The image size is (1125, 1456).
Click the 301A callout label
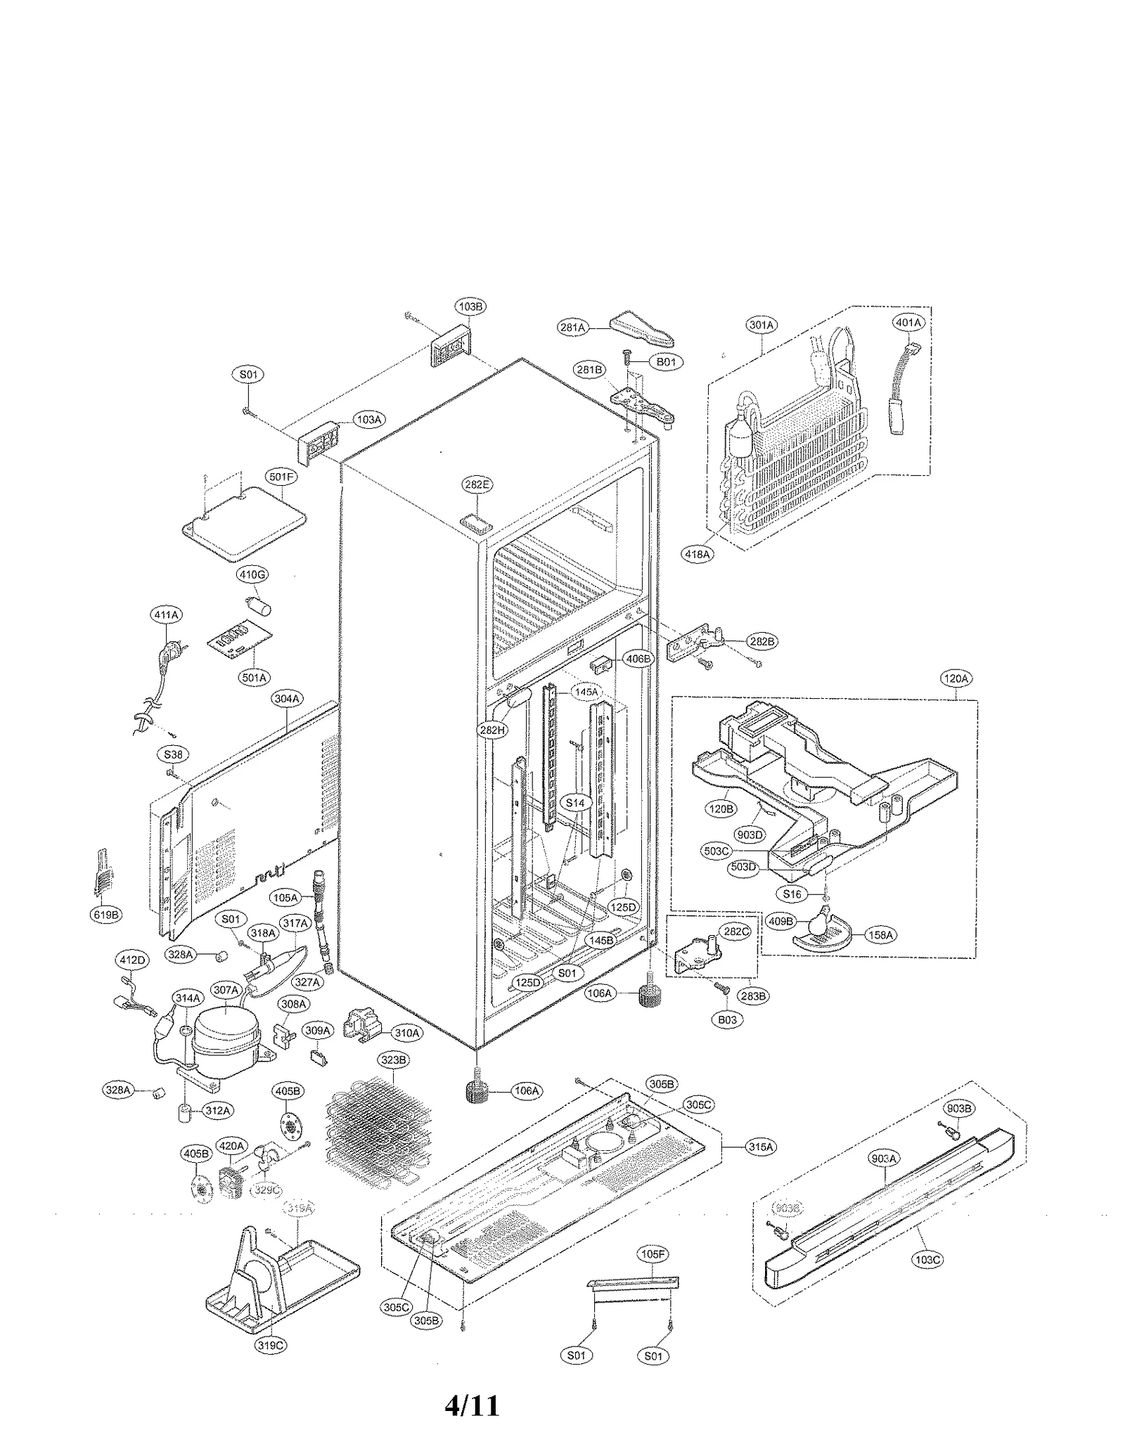761,325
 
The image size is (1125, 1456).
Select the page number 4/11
472,1405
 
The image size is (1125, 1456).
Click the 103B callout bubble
470,307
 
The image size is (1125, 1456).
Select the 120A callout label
955,678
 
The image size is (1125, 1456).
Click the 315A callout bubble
761,1147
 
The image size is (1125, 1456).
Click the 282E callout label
477,484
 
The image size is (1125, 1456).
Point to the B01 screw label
665,362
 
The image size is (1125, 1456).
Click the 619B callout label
106,915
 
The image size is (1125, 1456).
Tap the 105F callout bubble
652,1254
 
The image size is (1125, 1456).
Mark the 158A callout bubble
880,935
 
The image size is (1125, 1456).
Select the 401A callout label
908,322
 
